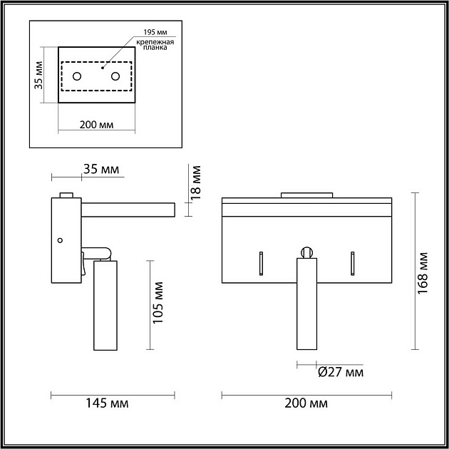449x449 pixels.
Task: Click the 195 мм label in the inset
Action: point(155,32)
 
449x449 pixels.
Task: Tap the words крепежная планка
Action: point(155,45)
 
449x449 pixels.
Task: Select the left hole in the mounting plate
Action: point(77,76)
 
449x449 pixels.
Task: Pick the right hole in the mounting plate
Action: point(115,76)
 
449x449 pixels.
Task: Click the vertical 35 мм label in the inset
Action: point(38,76)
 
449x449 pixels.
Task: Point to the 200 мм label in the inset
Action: point(96,125)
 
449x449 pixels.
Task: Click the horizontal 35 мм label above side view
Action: point(101,169)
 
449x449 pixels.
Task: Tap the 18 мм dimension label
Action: point(196,182)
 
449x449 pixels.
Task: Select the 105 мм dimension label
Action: point(158,303)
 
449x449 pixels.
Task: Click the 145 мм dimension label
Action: point(107,403)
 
